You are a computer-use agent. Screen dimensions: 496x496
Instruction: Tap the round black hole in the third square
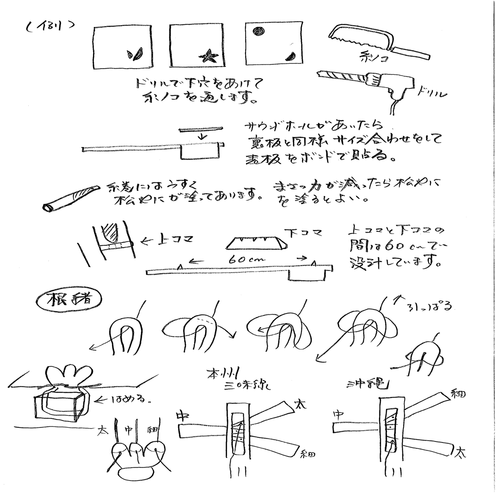(x=258, y=31)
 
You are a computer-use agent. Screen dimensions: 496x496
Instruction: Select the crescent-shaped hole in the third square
(x=290, y=56)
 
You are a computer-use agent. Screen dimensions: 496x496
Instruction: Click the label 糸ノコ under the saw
(x=371, y=59)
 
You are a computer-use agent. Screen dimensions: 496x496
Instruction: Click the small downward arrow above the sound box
(x=200, y=136)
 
